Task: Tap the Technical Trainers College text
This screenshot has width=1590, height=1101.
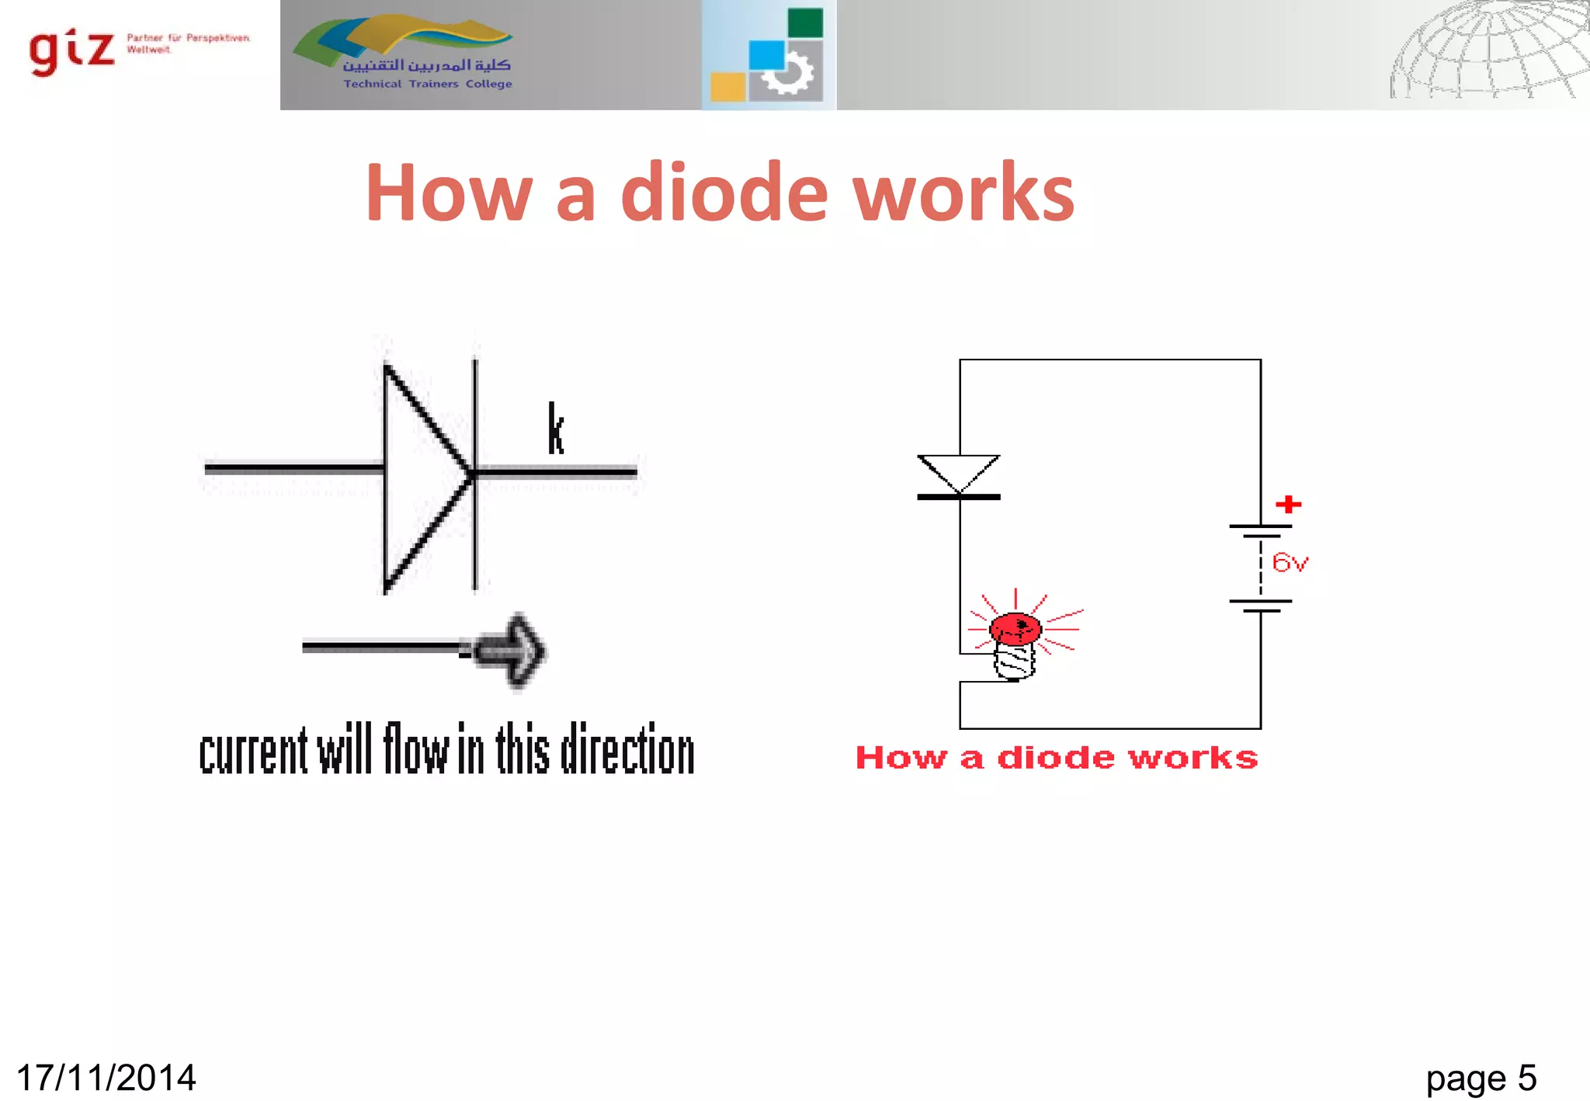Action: click(x=428, y=84)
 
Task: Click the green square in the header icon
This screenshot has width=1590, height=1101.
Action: click(x=804, y=23)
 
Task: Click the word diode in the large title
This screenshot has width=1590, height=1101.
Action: click(x=724, y=193)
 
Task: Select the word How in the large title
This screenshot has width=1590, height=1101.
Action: click(x=450, y=193)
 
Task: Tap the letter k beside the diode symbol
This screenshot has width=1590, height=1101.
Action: click(x=555, y=429)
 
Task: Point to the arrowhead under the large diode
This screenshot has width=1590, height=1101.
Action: click(x=514, y=651)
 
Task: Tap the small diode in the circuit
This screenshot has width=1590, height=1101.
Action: click(x=959, y=476)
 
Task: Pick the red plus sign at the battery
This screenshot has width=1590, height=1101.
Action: click(x=1288, y=505)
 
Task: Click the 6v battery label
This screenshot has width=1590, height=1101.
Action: click(x=1290, y=563)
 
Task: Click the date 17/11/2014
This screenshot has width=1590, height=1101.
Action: click(x=106, y=1078)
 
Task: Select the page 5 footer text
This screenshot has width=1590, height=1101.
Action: click(x=1481, y=1078)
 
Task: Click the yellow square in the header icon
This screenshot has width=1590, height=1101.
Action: click(x=727, y=86)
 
